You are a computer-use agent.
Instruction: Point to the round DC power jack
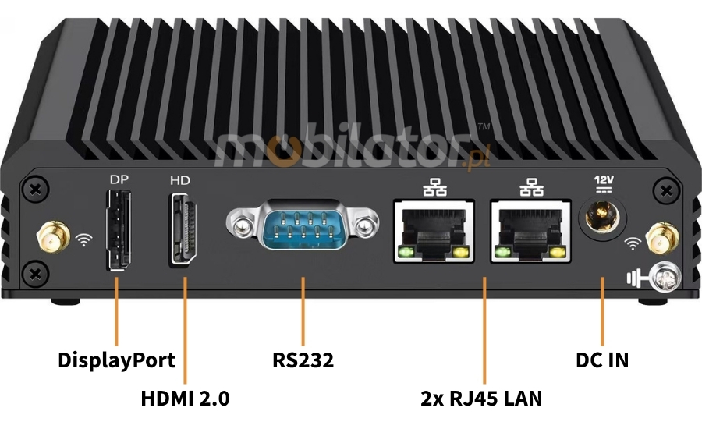(x=602, y=215)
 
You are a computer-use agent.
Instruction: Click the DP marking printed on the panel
(x=119, y=179)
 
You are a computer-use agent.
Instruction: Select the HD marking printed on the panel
(x=180, y=180)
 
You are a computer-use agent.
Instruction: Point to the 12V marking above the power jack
(x=604, y=181)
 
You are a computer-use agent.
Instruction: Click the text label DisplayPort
(x=116, y=360)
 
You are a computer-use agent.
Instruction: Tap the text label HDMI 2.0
(x=185, y=398)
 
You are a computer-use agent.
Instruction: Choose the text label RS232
(x=303, y=360)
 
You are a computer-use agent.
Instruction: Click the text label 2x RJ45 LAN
(x=480, y=398)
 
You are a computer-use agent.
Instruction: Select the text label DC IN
(x=602, y=360)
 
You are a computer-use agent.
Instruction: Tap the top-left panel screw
(x=34, y=190)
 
